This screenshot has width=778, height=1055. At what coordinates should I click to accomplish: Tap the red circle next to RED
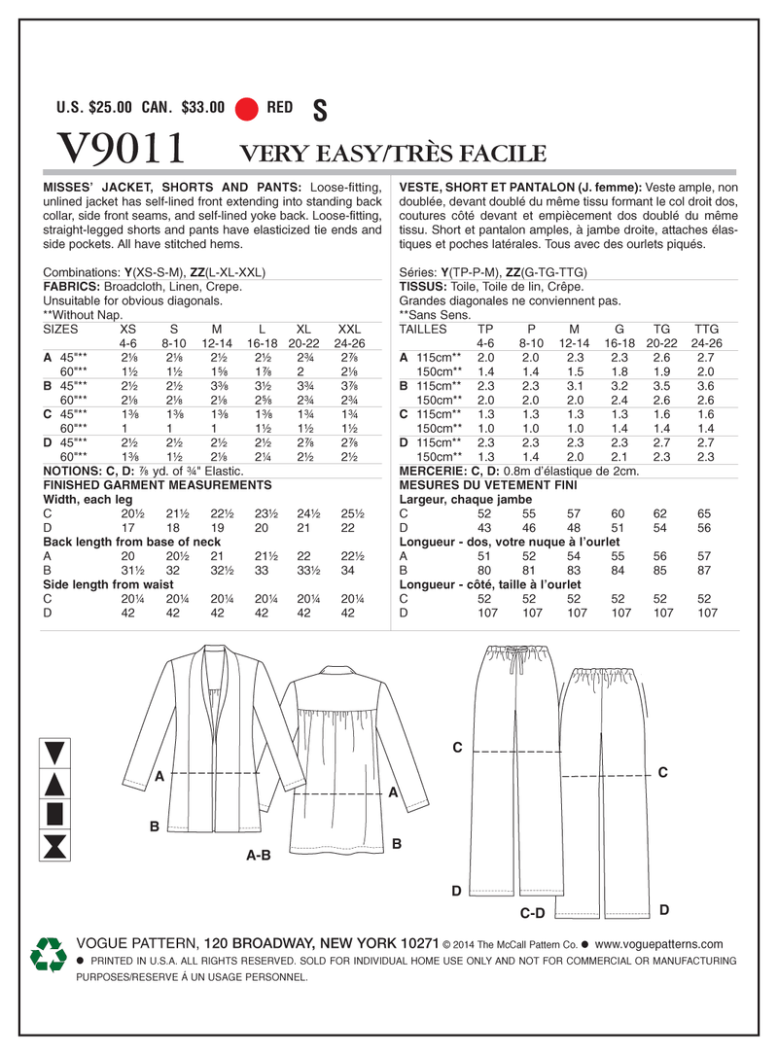click(247, 109)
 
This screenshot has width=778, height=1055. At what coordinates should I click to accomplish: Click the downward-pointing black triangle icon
click(55, 751)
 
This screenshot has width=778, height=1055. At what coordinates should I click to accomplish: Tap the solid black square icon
click(55, 813)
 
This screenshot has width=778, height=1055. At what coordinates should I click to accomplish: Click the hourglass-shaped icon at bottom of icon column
click(55, 843)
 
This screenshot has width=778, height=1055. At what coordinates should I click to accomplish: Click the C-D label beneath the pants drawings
click(533, 913)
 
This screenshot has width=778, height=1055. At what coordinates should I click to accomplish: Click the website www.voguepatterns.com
click(658, 944)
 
